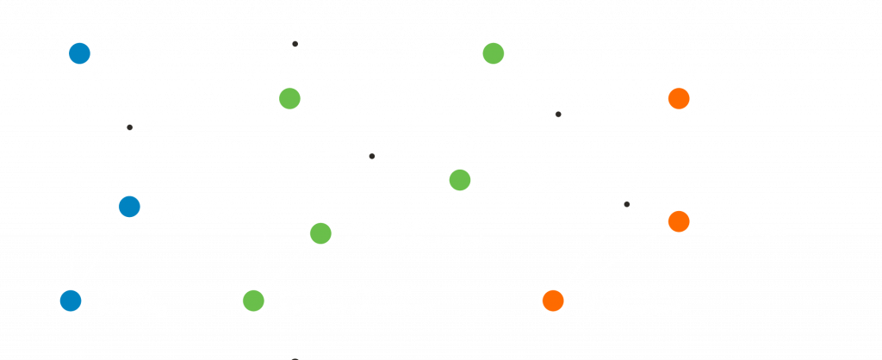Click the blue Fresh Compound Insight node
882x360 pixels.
79,53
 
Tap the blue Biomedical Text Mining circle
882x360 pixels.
128,207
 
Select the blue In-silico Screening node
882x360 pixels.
70,300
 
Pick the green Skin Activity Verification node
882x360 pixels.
493,53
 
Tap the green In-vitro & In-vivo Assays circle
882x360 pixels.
460,179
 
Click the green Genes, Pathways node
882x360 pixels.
320,233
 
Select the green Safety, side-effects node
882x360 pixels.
253,300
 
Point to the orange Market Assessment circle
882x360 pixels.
678,221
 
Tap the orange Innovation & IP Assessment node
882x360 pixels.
552,300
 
